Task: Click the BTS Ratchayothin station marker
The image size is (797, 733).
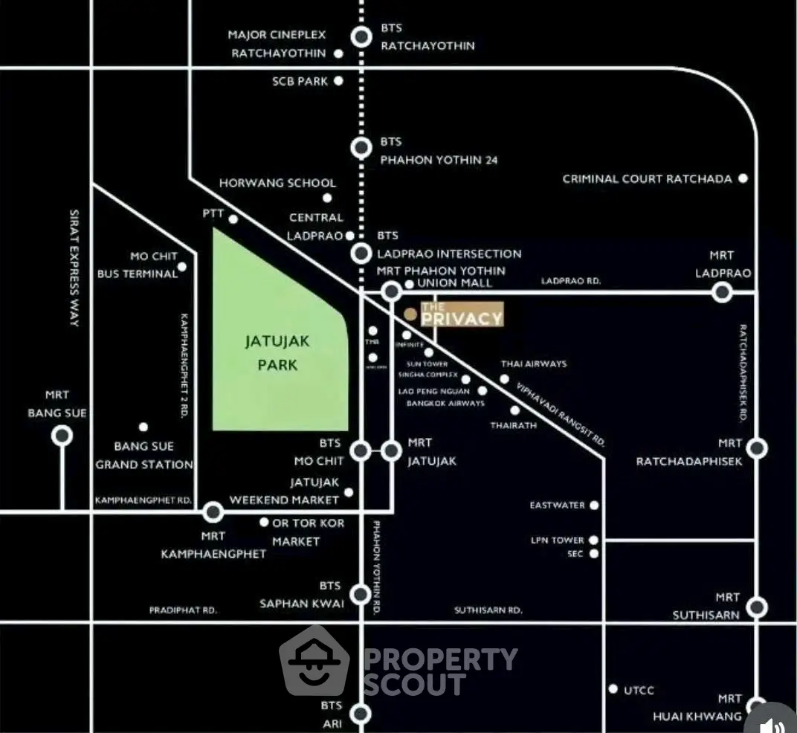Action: [x=361, y=36]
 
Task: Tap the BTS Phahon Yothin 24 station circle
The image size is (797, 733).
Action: [x=361, y=148]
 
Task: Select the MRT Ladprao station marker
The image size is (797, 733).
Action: [x=721, y=292]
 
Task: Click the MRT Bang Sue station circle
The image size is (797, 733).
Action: [x=62, y=436]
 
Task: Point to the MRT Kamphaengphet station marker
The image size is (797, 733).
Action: [x=213, y=511]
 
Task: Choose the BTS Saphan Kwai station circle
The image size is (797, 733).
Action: [x=361, y=594]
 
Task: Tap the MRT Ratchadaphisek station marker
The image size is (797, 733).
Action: [x=757, y=448]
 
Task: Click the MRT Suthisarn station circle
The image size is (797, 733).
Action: [x=757, y=607]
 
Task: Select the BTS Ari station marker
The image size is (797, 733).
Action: [x=361, y=714]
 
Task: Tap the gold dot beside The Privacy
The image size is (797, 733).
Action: [x=410, y=314]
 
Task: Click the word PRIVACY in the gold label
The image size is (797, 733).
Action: [x=462, y=319]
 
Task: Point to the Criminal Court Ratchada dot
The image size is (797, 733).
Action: [x=742, y=178]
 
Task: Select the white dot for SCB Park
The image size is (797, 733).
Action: [x=338, y=81]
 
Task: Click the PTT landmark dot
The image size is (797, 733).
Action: [x=233, y=219]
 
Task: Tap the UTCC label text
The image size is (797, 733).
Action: [x=639, y=691]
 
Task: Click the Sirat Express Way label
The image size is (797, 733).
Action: [x=74, y=268]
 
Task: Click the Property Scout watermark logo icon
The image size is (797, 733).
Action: [x=314, y=661]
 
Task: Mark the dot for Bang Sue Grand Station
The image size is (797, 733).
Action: [x=143, y=427]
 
